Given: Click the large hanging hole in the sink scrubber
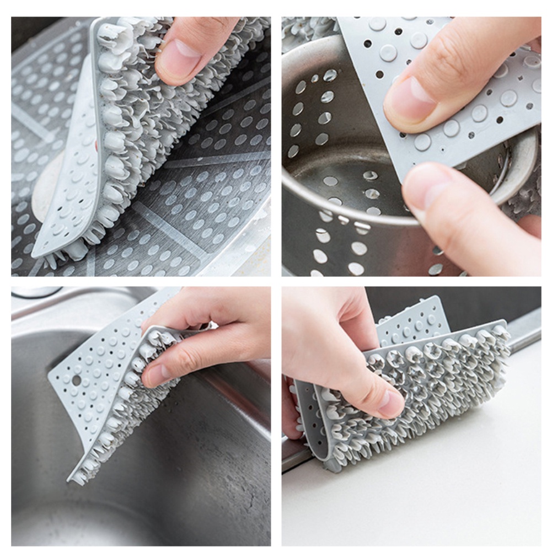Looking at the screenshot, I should [x=76, y=380].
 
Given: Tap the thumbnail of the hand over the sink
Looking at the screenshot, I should [x=156, y=375].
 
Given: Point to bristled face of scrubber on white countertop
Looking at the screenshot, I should [x=441, y=386].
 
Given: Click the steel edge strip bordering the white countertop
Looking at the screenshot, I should [x=524, y=331].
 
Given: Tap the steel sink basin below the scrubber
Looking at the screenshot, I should [x=138, y=496].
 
